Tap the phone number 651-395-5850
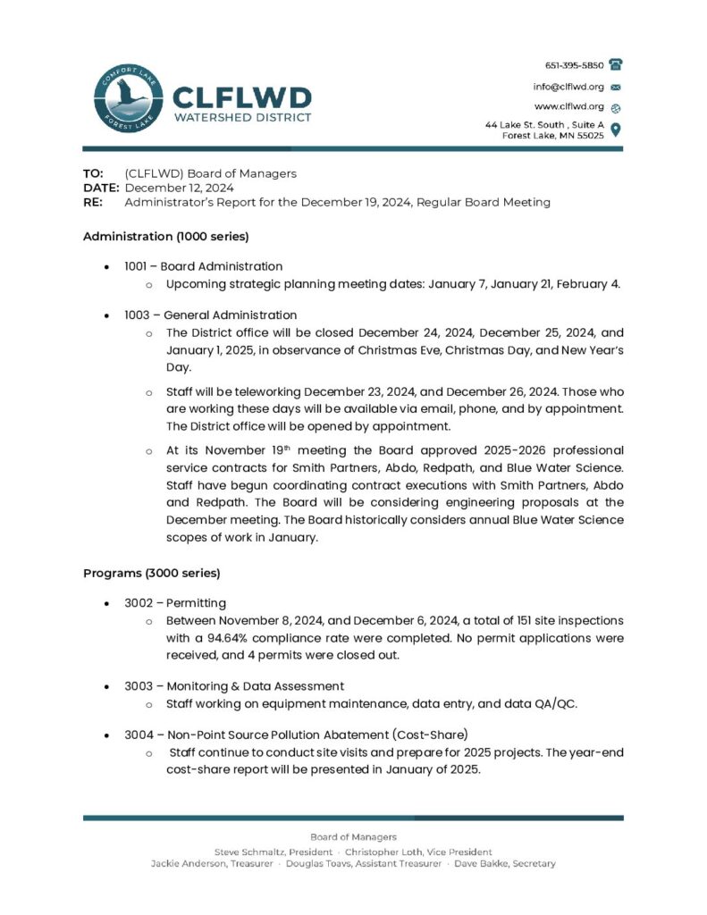pos(574,65)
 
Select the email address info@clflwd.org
pos(568,87)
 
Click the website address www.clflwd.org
pos(569,106)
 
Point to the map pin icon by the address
pos(615,130)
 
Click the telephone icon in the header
pos(615,65)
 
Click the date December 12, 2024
pos(179,188)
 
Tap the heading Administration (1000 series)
pos(165,237)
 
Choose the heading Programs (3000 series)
pos(151,573)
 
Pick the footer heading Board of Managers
pos(353,837)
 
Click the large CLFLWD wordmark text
pos(241,97)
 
